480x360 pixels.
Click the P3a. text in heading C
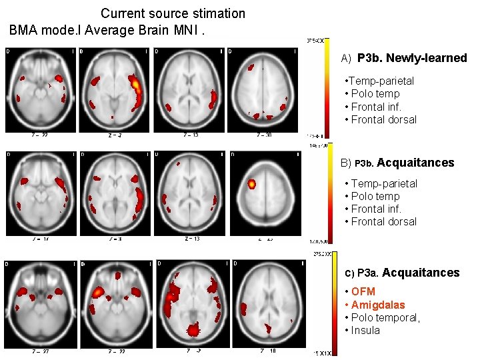(368, 273)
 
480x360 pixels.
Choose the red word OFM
(363, 291)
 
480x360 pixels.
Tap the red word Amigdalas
(378, 305)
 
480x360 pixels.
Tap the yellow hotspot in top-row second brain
(135, 85)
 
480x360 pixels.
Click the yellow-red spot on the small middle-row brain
(252, 183)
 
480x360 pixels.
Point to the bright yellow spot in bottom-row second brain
(98, 291)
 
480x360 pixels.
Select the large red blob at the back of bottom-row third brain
(193, 329)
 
